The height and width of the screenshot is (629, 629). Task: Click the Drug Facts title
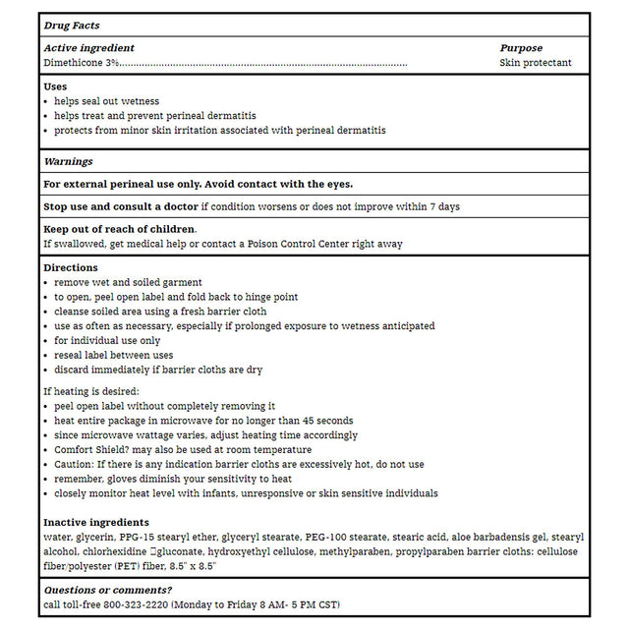(72, 26)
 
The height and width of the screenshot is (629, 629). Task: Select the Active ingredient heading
(89, 48)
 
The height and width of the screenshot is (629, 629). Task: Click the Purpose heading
(521, 48)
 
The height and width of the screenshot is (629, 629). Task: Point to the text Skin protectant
(536, 63)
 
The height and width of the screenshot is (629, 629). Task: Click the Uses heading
(55, 86)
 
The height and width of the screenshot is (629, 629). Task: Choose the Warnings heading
(69, 161)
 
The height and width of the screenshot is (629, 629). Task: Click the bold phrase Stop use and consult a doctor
(121, 207)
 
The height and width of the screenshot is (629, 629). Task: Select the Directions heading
(71, 267)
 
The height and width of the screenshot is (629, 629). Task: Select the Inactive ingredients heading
(96, 522)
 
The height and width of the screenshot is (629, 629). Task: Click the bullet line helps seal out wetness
(106, 101)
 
